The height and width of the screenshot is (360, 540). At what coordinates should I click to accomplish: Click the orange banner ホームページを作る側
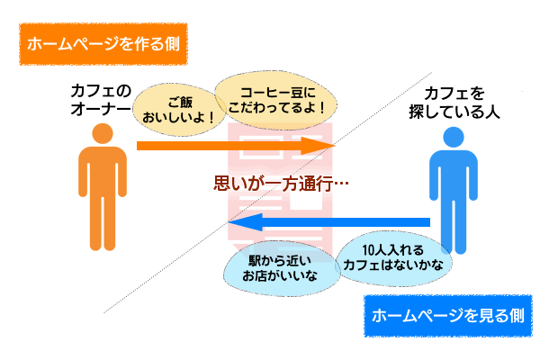(x=103, y=44)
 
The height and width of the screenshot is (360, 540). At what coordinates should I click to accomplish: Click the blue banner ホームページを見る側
(x=448, y=316)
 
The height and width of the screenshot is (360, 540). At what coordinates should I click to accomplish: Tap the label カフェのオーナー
(x=101, y=100)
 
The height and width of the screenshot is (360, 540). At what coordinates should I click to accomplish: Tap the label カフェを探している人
(x=454, y=103)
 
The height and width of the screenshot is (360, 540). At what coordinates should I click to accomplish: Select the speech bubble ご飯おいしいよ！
(x=179, y=110)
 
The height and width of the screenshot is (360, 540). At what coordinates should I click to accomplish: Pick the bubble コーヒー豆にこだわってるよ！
(x=276, y=100)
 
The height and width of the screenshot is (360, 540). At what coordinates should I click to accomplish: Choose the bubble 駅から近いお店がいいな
(x=280, y=268)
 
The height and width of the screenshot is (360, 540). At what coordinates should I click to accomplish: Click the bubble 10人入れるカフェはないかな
(x=393, y=257)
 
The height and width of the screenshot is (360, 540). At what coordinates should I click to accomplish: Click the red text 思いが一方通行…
(x=281, y=183)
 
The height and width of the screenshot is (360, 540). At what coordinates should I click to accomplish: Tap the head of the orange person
(x=103, y=133)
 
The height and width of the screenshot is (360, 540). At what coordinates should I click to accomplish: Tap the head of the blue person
(x=454, y=137)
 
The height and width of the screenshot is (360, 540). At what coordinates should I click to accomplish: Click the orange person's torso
(x=103, y=170)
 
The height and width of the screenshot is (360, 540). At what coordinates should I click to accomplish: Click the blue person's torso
(x=454, y=175)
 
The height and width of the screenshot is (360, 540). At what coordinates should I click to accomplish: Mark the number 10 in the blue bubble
(x=368, y=250)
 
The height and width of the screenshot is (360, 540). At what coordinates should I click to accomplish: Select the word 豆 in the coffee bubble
(x=297, y=93)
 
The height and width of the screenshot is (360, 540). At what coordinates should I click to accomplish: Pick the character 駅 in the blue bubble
(x=256, y=261)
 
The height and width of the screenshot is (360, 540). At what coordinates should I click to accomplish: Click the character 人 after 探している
(x=492, y=112)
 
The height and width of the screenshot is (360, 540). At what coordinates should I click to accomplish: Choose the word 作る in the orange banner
(x=141, y=44)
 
